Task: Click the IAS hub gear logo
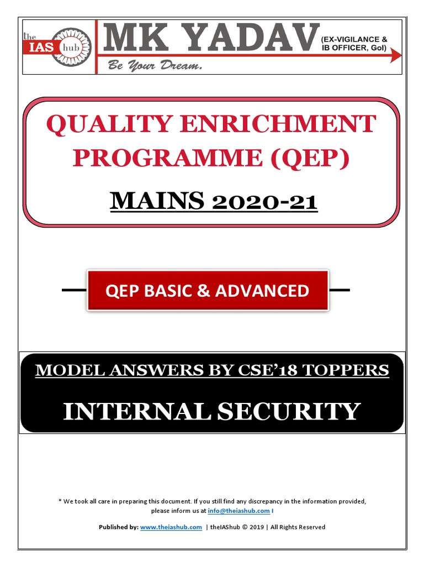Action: [x=70, y=47]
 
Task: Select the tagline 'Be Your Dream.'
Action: [x=155, y=66]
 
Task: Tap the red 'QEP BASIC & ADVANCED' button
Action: [x=208, y=290]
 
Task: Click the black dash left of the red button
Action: [x=75, y=290]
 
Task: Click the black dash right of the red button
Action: [x=339, y=290]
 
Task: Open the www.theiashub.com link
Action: [x=171, y=527]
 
